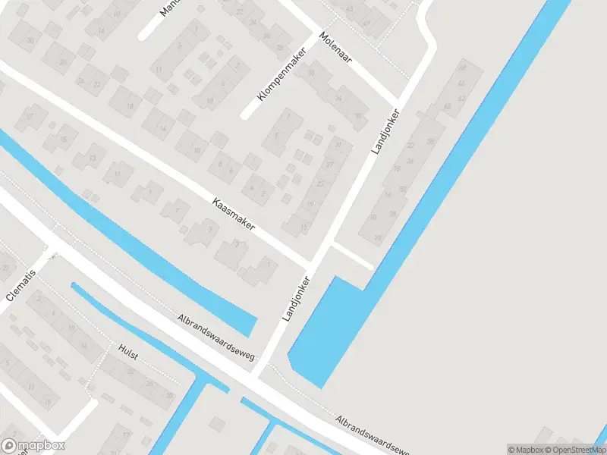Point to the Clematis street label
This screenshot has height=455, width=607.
click(21, 284)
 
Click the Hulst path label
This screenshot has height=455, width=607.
click(128, 351)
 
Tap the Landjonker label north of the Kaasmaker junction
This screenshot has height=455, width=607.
click(386, 131)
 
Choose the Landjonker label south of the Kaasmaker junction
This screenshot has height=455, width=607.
click(297, 298)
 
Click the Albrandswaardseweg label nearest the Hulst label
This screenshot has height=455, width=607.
click(216, 337)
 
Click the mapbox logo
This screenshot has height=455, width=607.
click(33, 445)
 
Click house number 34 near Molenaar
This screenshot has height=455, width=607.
click(338, 98)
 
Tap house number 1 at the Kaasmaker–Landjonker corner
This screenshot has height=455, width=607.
click(268, 263)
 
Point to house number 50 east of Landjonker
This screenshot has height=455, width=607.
click(402, 189)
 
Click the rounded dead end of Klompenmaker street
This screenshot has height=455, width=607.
click(245, 115)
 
